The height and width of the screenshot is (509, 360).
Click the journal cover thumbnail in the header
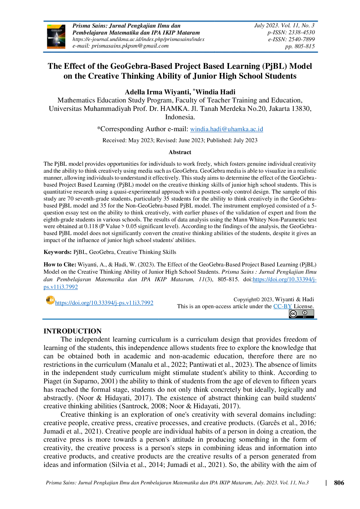pyautogui.click(x=56, y=37)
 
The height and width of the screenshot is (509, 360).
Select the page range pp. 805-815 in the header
pyautogui.click(x=300, y=46)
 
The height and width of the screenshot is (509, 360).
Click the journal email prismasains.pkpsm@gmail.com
pyautogui.click(x=130, y=46)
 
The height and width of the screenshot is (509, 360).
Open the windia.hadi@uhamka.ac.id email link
pyautogui.click(x=227, y=129)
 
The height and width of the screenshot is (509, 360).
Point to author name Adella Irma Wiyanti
pyautogui.click(x=157, y=92)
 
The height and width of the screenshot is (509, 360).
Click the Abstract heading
pyautogui.click(x=180, y=152)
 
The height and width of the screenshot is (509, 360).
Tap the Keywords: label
pyautogui.click(x=57, y=252)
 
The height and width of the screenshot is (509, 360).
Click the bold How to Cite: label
pyautogui.click(x=60, y=265)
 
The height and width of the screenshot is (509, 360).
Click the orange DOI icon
pyautogui.click(x=50, y=300)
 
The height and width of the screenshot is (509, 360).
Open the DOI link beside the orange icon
pyautogui.click(x=104, y=303)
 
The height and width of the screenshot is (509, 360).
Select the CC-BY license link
pyautogui.click(x=282, y=306)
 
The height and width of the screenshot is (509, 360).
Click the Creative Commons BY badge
pyautogui.click(x=301, y=314)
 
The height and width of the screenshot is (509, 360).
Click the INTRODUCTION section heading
pyautogui.click(x=73, y=331)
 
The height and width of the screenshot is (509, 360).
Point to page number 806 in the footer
pyautogui.click(x=339, y=483)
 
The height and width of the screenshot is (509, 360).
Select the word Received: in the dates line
pyautogui.click(x=114, y=140)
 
